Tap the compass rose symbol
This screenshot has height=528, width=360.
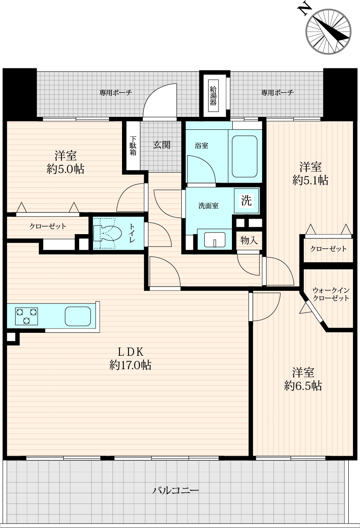click(328, 32)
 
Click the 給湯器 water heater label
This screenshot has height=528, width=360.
click(213, 96)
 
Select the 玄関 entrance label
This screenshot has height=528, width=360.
click(162, 145)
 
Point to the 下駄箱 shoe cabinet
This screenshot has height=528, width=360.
click(133, 145)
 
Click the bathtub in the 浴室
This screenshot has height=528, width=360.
click(244, 157)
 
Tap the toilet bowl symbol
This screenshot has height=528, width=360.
click(107, 233)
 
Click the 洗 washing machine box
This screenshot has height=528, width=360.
click(247, 201)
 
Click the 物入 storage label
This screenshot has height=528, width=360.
click(249, 241)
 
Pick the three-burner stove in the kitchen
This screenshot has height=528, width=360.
click(26, 316)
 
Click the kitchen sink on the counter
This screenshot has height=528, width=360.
click(78, 316)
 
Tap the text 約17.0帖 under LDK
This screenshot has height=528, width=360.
click(130, 365)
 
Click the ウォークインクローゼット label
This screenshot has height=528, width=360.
click(331, 294)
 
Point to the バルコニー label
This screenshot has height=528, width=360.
click(176, 490)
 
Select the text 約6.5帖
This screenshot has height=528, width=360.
click(303, 386)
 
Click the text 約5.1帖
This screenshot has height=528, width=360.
click(310, 180)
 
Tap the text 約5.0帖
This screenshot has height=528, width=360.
click(65, 169)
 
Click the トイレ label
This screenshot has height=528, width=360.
click(132, 233)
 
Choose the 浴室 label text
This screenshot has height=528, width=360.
click(202, 145)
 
